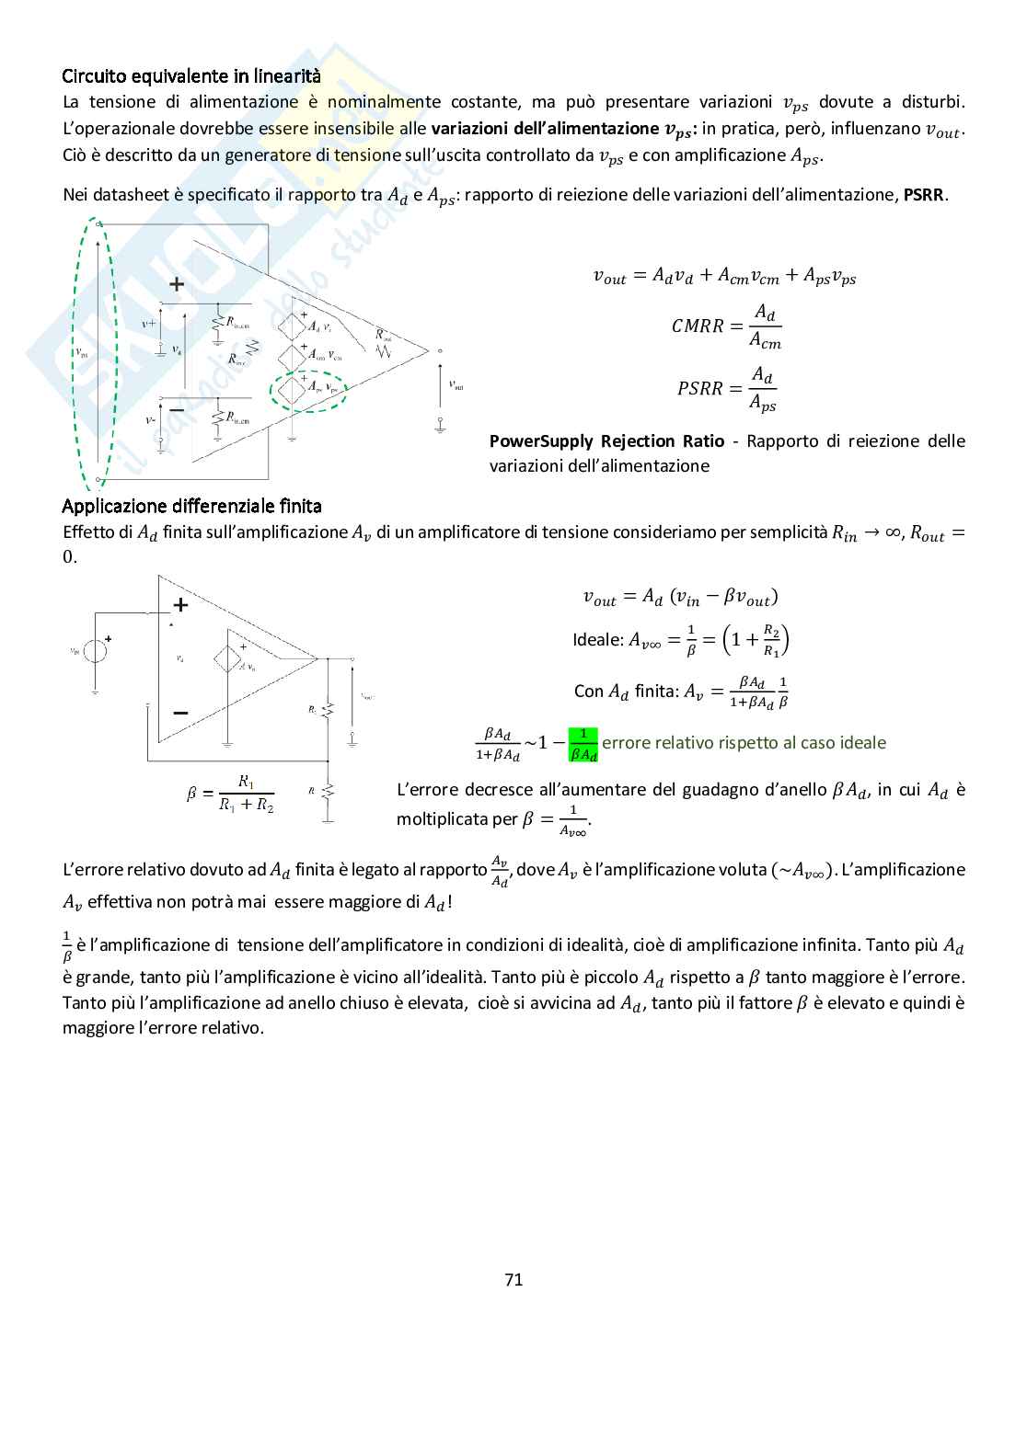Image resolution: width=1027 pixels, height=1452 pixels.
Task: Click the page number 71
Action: [513, 1279]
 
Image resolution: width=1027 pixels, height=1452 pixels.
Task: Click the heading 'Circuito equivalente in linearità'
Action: [191, 76]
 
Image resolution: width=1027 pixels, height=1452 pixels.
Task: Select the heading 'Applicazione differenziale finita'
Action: [191, 506]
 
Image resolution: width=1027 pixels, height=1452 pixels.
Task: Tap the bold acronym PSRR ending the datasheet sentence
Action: [925, 195]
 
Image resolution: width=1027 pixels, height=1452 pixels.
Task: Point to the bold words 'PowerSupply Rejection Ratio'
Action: [606, 441]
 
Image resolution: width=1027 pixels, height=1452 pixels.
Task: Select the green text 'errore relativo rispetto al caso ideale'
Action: [744, 742]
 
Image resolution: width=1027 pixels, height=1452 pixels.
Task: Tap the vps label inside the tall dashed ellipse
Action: [81, 351]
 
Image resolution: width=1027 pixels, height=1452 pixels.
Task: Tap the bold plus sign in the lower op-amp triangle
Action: [180, 604]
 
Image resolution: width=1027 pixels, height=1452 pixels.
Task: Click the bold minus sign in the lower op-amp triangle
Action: [180, 713]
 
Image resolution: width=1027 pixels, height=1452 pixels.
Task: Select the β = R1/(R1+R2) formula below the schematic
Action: [231, 794]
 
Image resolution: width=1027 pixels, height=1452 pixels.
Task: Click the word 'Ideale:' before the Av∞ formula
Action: [598, 640]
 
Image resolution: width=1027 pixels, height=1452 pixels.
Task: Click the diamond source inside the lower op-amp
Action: [225, 658]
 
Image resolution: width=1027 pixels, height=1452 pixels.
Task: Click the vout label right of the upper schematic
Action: [456, 385]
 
